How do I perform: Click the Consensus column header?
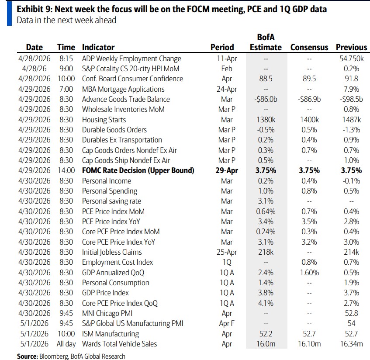point(309,47)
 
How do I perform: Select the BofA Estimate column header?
point(266,42)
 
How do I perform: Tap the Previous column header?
point(351,47)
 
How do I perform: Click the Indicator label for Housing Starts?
point(104,120)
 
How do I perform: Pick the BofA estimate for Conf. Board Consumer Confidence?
point(266,79)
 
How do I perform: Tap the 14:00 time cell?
point(66,170)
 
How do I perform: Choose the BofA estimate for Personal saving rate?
point(266,201)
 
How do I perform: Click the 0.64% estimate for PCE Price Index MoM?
point(266,211)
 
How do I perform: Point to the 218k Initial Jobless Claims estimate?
point(266,252)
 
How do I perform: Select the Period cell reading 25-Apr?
point(227,252)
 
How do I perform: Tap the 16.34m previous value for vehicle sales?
point(351,344)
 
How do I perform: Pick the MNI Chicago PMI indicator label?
point(107,313)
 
